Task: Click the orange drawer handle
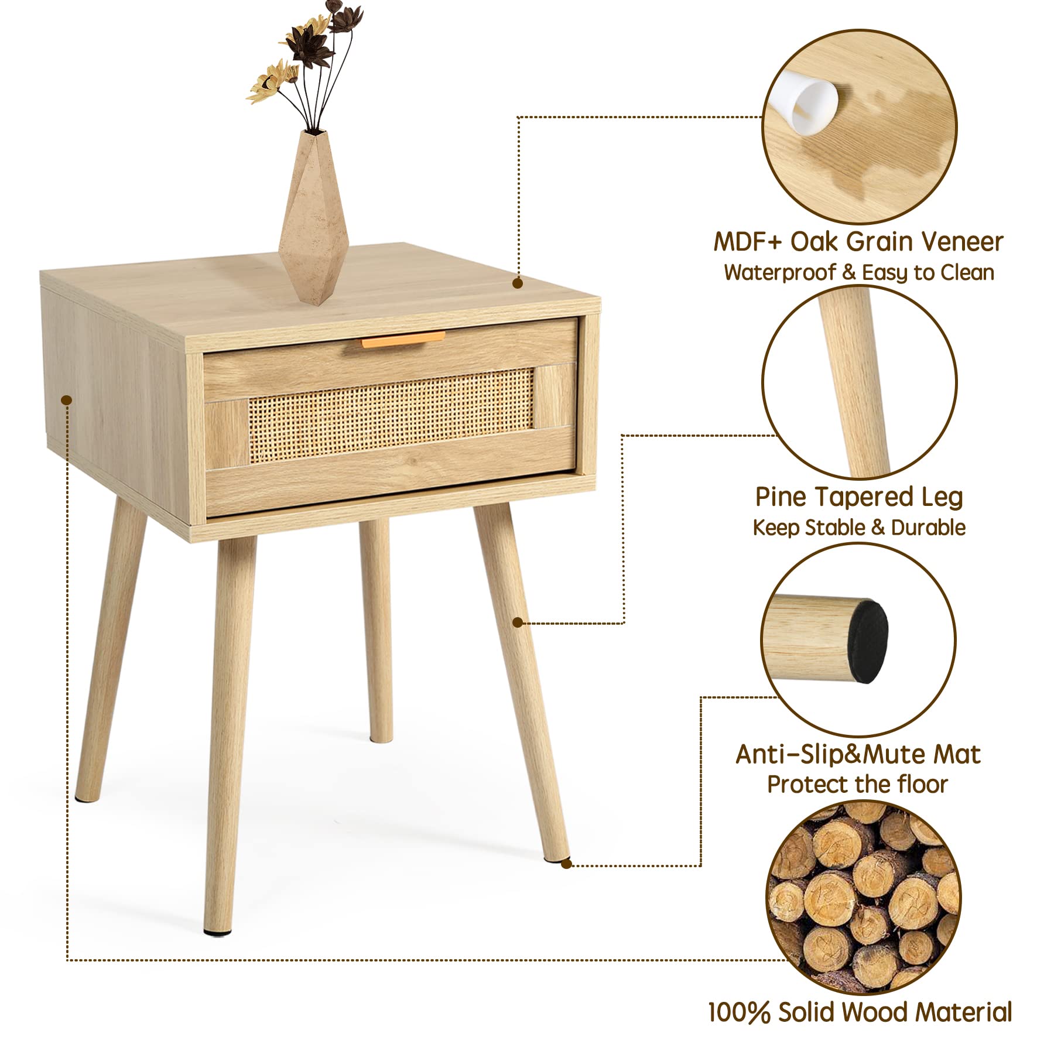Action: (403, 340)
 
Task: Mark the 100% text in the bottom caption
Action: (739, 1012)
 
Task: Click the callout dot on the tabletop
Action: (517, 283)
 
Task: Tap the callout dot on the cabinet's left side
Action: (67, 400)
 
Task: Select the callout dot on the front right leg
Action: (517, 622)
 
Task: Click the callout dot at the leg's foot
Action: (566, 864)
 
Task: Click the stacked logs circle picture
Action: (863, 898)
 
